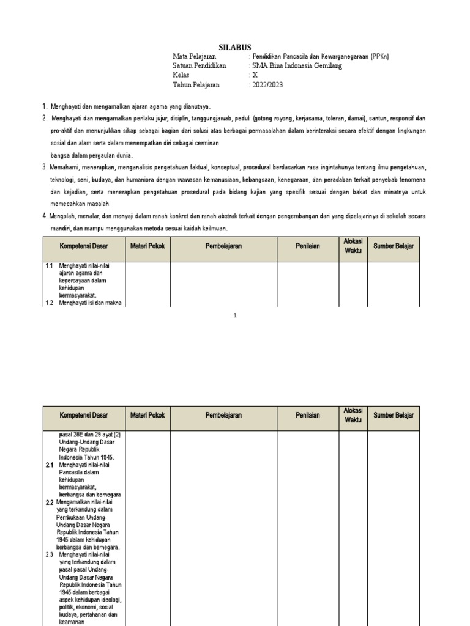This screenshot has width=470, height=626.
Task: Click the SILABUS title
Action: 235,47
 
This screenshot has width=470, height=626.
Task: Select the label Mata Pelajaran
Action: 195,56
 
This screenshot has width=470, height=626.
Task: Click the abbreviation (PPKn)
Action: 379,56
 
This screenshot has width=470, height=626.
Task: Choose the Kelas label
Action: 182,75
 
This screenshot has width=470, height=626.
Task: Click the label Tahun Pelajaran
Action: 196,85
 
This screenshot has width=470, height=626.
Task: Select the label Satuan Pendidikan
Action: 200,66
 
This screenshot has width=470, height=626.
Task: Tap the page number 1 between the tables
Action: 234,315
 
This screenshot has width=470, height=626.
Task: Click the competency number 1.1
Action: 50,267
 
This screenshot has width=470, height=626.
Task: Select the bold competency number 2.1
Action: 50,465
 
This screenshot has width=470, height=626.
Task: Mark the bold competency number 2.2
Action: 50,502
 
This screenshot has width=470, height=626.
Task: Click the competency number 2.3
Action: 50,554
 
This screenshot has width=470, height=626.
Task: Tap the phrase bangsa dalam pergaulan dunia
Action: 91,156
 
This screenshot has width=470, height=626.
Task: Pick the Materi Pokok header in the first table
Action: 147,246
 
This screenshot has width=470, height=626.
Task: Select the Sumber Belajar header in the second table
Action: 394,415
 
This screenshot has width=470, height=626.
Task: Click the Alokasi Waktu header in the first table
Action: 353,246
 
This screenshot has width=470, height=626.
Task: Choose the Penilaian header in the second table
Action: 308,415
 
